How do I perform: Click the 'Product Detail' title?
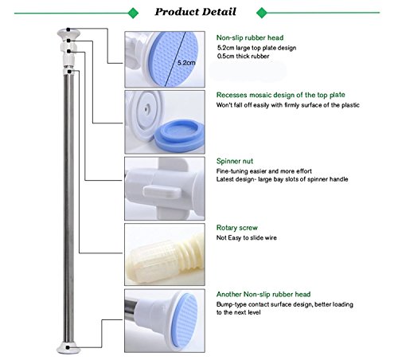click(x=195, y=12)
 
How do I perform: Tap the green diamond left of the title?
click(x=133, y=13)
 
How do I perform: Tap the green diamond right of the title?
click(x=262, y=13)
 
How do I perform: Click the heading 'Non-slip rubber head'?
click(x=250, y=37)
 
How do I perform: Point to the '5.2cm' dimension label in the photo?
click(x=186, y=63)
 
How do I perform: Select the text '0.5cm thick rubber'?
click(x=243, y=57)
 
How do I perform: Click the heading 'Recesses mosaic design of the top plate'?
click(x=281, y=95)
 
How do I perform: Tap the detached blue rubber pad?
click(x=180, y=135)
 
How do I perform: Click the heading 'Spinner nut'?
click(x=235, y=161)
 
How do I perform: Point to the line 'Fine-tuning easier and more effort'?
click(x=264, y=171)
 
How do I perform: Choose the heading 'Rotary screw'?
click(x=237, y=228)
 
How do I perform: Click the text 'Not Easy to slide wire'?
click(x=247, y=238)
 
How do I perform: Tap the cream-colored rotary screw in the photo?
click(x=165, y=258)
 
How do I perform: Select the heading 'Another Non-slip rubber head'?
click(x=263, y=294)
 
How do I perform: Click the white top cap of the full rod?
click(x=68, y=34)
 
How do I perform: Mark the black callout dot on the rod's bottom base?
click(x=68, y=347)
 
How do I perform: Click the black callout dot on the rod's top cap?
click(x=68, y=29)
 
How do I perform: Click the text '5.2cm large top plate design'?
click(x=256, y=48)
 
